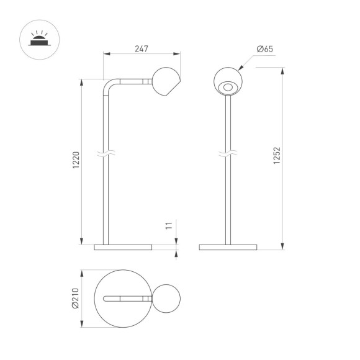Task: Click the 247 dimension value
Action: click(141, 48)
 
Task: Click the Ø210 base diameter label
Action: click(76, 299)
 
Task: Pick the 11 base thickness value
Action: click(168, 226)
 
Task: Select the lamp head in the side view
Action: click(166, 82)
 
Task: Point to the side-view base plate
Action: click(123, 248)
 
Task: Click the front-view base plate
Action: click(228, 248)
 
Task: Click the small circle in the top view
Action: click(166, 299)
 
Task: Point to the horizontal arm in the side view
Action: click(133, 81)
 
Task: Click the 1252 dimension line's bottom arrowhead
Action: click(282, 247)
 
